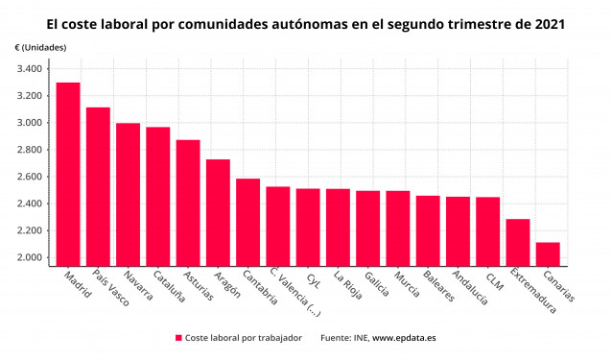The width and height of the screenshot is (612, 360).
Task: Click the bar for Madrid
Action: pos(68,174)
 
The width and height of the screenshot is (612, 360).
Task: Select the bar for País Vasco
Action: pos(98,186)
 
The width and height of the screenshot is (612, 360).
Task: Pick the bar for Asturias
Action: pos(188,203)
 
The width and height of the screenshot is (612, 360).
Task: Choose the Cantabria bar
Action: pos(247,222)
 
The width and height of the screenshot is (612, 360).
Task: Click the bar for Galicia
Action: pos(367,228)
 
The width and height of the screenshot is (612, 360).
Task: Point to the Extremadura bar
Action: pos(518,242)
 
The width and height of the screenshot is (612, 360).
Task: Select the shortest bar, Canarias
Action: pos(548,253)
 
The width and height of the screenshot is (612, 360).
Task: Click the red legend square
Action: pos(178,338)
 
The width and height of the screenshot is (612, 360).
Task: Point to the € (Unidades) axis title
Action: pos(40,47)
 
